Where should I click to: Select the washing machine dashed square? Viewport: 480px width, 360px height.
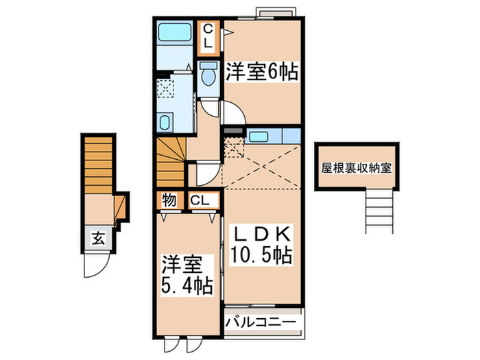[167, 90]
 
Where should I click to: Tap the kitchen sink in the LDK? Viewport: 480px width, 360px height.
[259, 136]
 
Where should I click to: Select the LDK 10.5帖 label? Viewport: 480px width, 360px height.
[261, 243]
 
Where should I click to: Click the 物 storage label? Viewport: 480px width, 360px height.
[168, 201]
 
